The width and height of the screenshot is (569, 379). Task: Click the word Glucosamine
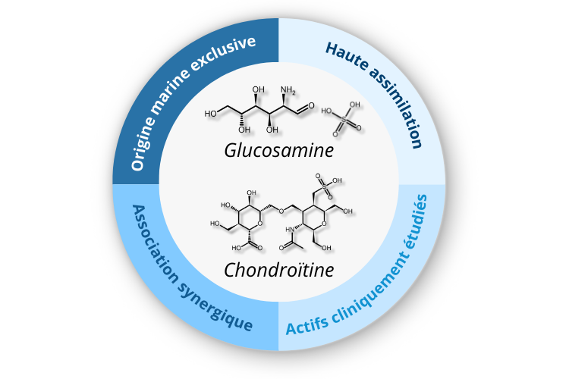pos(279,150)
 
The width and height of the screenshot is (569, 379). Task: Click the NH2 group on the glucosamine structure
pos(290,92)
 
